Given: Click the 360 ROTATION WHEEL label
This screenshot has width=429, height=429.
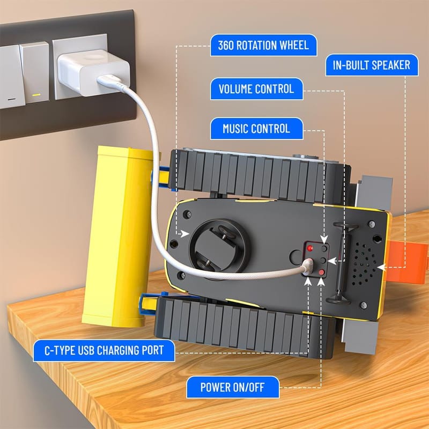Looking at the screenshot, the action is point(263,45).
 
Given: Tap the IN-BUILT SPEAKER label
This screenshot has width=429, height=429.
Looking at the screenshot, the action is point(372,65).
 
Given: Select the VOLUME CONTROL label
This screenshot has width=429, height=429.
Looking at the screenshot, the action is point(257,89).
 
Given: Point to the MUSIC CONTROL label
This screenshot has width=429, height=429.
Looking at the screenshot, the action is point(257,129).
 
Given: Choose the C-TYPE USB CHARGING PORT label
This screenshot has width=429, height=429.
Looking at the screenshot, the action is point(104,351).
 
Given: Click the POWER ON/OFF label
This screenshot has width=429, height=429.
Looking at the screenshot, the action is point(233,387).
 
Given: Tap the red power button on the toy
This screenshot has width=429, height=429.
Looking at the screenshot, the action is point(321,272).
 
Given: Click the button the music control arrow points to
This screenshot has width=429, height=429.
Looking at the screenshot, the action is point(324,248).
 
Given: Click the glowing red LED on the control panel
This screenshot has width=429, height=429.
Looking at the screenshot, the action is point(310,248).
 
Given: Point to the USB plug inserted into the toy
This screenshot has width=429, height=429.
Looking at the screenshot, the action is point(307,267).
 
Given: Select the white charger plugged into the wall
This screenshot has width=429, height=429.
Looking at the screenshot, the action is point(93,72).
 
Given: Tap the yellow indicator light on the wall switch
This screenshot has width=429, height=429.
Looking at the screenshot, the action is point(36,95).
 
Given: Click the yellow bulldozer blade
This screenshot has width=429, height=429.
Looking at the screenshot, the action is point(118,236).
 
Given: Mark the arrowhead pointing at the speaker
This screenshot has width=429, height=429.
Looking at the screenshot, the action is point(381,267).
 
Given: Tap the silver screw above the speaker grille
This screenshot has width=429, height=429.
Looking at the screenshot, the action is point(371,224).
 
